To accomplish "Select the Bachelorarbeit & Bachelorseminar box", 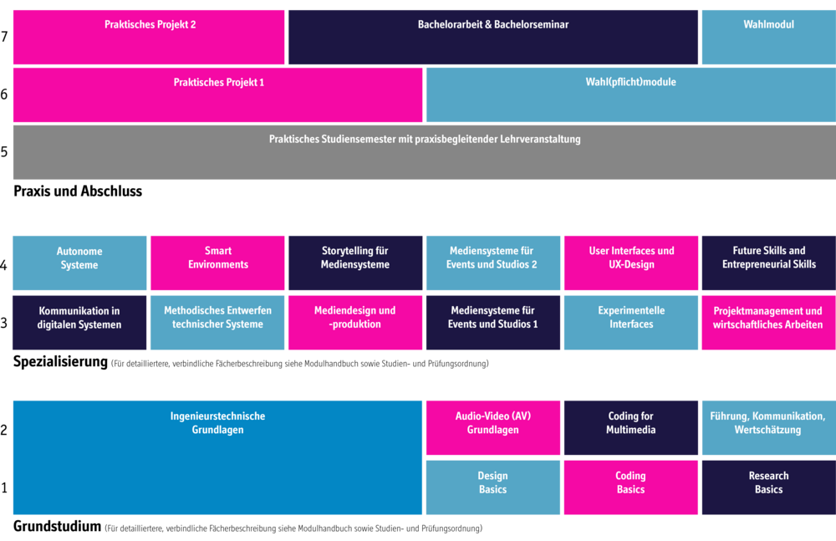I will coord(493,38).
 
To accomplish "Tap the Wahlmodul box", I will coord(768,38).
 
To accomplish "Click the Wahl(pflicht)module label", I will coord(630,83).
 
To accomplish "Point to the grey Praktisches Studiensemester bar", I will coord(424,152).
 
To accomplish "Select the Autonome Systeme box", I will coord(79,263).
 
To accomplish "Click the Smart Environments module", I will coord(217,263).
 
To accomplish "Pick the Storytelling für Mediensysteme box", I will coord(355,263).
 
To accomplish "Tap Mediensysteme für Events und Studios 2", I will coord(493,263).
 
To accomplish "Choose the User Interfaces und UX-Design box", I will coord(631,263).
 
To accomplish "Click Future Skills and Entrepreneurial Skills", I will coord(768,263).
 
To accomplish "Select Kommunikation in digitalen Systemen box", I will coord(79,323).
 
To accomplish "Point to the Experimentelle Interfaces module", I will coord(631,323).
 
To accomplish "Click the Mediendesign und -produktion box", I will coord(355,323).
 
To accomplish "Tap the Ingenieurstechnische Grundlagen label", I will coord(217,423).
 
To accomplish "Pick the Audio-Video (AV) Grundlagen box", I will coord(493,428).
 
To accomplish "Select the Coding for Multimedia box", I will coord(631,428).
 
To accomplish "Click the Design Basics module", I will coord(493,487).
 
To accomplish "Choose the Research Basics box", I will coord(768,487).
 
